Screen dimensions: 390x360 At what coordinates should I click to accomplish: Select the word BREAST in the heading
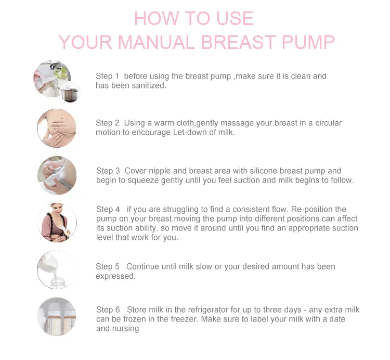tap(238, 42)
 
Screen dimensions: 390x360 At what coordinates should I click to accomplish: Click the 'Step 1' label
tap(107, 76)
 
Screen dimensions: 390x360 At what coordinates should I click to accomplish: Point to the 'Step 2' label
tap(108, 123)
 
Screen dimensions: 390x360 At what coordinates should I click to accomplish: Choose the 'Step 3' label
tap(108, 171)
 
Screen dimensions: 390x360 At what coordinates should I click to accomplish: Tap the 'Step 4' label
tap(108, 209)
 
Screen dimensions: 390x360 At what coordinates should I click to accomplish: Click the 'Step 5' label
tap(108, 266)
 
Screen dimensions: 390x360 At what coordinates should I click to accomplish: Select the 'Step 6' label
tap(108, 310)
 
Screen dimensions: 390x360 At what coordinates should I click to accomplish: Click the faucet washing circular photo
tap(57, 81)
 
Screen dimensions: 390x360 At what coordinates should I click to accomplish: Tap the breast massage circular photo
tap(57, 128)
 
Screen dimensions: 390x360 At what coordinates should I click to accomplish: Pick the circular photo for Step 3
tap(57, 176)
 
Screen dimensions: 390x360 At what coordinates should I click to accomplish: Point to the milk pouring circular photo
tap(57, 270)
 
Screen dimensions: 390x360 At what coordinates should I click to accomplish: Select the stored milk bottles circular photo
tap(57, 317)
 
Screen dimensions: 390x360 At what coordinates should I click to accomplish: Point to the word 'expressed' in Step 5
tap(115, 276)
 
